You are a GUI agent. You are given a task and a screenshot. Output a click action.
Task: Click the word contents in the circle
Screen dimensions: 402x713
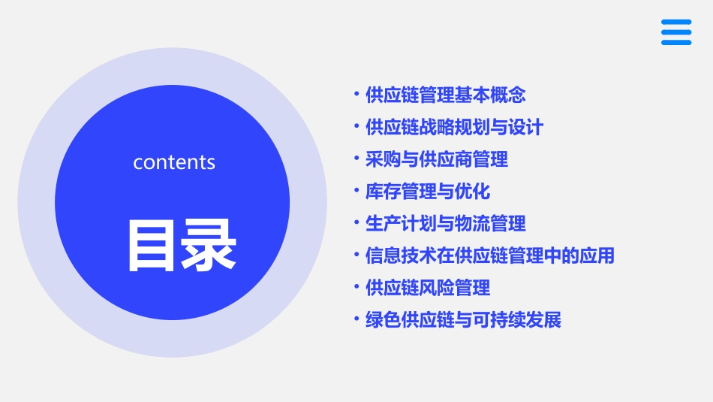174,162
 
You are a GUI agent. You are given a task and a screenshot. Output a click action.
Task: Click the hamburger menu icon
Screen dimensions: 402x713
675,32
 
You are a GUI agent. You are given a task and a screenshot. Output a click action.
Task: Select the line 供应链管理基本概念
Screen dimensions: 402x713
445,95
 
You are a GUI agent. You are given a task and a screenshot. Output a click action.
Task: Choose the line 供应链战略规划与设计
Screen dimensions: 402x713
453,128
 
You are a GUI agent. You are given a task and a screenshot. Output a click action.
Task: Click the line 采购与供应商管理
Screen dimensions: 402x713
436,159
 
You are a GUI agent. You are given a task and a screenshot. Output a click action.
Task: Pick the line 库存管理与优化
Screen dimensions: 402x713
427,192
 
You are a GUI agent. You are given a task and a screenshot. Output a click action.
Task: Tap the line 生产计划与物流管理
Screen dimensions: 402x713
445,224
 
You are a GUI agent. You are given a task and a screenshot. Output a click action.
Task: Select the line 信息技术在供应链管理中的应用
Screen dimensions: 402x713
489,256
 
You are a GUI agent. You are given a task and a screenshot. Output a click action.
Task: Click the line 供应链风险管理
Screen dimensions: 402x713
427,288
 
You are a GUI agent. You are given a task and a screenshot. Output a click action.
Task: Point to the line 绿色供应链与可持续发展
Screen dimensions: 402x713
463,320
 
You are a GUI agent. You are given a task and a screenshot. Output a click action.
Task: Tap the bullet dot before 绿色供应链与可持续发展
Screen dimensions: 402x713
357,319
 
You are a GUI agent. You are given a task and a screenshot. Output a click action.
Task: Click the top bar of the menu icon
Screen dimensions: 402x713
675,22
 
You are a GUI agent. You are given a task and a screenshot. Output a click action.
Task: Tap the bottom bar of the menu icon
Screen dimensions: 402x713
675,43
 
